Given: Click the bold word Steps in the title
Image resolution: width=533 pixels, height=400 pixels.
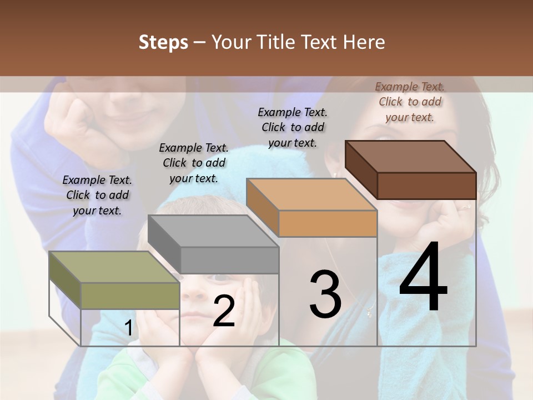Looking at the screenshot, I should pyautogui.click(x=163, y=42).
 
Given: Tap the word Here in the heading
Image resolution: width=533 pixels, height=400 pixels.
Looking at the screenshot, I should pyautogui.click(x=364, y=42).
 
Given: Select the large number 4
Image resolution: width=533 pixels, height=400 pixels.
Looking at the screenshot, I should pyautogui.click(x=423, y=278).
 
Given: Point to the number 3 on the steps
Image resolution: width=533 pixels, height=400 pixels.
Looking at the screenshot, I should pyautogui.click(x=325, y=295).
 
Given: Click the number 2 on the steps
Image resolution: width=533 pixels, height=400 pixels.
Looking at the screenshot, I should pyautogui.click(x=224, y=311).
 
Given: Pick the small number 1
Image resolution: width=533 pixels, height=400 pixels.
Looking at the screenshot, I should pyautogui.click(x=128, y=328).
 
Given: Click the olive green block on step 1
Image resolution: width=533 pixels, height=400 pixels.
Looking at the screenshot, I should pyautogui.click(x=114, y=281).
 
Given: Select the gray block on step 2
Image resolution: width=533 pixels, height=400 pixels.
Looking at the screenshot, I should pyautogui.click(x=214, y=244).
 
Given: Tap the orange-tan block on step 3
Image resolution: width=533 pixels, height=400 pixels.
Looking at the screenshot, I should pyautogui.click(x=312, y=208).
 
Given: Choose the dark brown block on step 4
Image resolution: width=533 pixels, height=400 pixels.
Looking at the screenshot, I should pyautogui.click(x=411, y=170).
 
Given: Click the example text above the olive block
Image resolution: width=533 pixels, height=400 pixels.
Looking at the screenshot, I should pyautogui.click(x=97, y=195).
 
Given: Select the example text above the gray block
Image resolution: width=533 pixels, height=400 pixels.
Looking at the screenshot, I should pyautogui.click(x=194, y=163).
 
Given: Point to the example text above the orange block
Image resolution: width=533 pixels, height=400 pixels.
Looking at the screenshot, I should pyautogui.click(x=293, y=127).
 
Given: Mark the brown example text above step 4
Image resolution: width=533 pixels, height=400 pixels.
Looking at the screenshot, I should pyautogui.click(x=410, y=102).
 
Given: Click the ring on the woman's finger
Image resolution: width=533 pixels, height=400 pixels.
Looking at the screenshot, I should pyautogui.click(x=465, y=207).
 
